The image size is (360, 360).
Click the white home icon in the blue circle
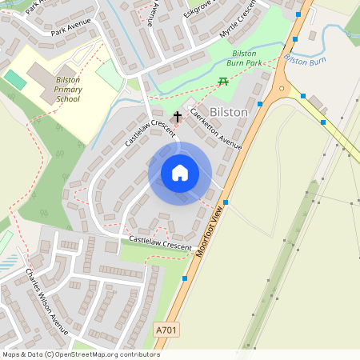[180, 173]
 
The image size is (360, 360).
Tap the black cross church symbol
[177, 117]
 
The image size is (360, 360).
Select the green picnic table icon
[223, 82]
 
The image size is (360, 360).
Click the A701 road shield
[166, 330]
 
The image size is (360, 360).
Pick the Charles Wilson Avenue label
[48, 302]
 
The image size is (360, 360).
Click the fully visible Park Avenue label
[68, 32]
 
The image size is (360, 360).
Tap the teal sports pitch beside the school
[15, 80]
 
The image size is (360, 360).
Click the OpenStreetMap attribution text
[81, 354]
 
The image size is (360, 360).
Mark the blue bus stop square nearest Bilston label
[261, 104]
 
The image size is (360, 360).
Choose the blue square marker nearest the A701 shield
[185, 278]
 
